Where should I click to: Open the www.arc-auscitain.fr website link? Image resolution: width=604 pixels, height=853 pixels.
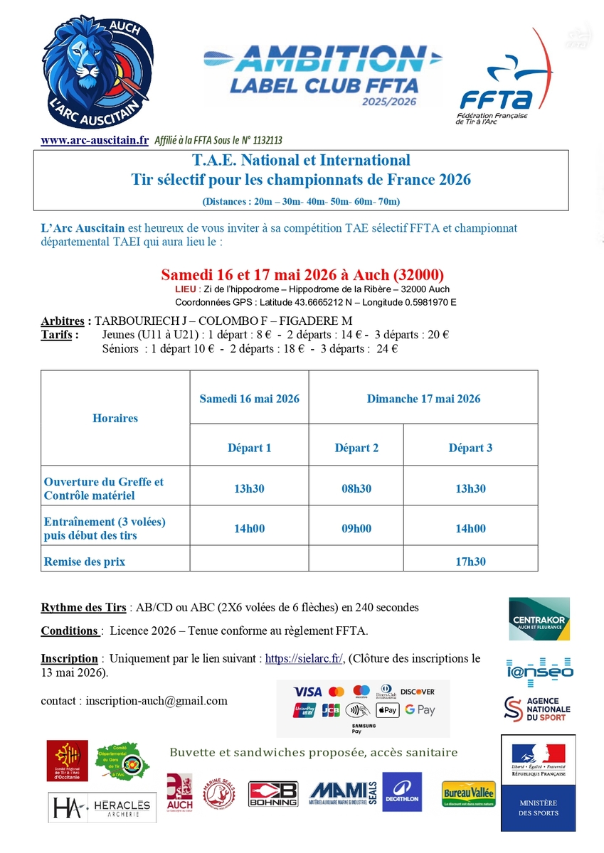pos(95,141)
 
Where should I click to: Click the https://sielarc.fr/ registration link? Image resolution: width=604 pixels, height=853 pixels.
pos(304,659)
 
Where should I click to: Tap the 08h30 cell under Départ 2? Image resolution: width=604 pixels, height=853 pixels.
pos(356,489)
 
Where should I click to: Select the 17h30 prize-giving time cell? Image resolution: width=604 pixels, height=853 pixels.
pos(470,562)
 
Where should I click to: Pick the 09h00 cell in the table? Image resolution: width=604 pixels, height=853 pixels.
pos(356,528)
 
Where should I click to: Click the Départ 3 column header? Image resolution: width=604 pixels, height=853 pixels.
pos(470,448)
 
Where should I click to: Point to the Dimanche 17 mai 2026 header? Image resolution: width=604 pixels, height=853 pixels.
pos(423,399)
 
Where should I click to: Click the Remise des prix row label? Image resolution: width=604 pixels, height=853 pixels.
pos(85,562)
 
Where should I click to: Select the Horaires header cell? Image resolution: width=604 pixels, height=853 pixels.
pos(115,418)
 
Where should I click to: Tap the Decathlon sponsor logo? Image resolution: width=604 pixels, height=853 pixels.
pos(402,792)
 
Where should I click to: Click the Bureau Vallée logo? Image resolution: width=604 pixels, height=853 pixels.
pos(469,793)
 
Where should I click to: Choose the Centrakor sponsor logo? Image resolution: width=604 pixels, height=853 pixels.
pos(539,618)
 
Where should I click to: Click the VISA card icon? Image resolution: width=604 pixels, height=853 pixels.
pos(307,691)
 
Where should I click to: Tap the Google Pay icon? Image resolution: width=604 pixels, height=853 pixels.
pos(420,709)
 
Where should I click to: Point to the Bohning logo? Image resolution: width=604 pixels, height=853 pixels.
pos(272,794)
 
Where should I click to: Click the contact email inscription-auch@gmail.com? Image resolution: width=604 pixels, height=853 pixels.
pos(157,701)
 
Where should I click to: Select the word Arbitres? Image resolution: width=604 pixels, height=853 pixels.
pos(65,321)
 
